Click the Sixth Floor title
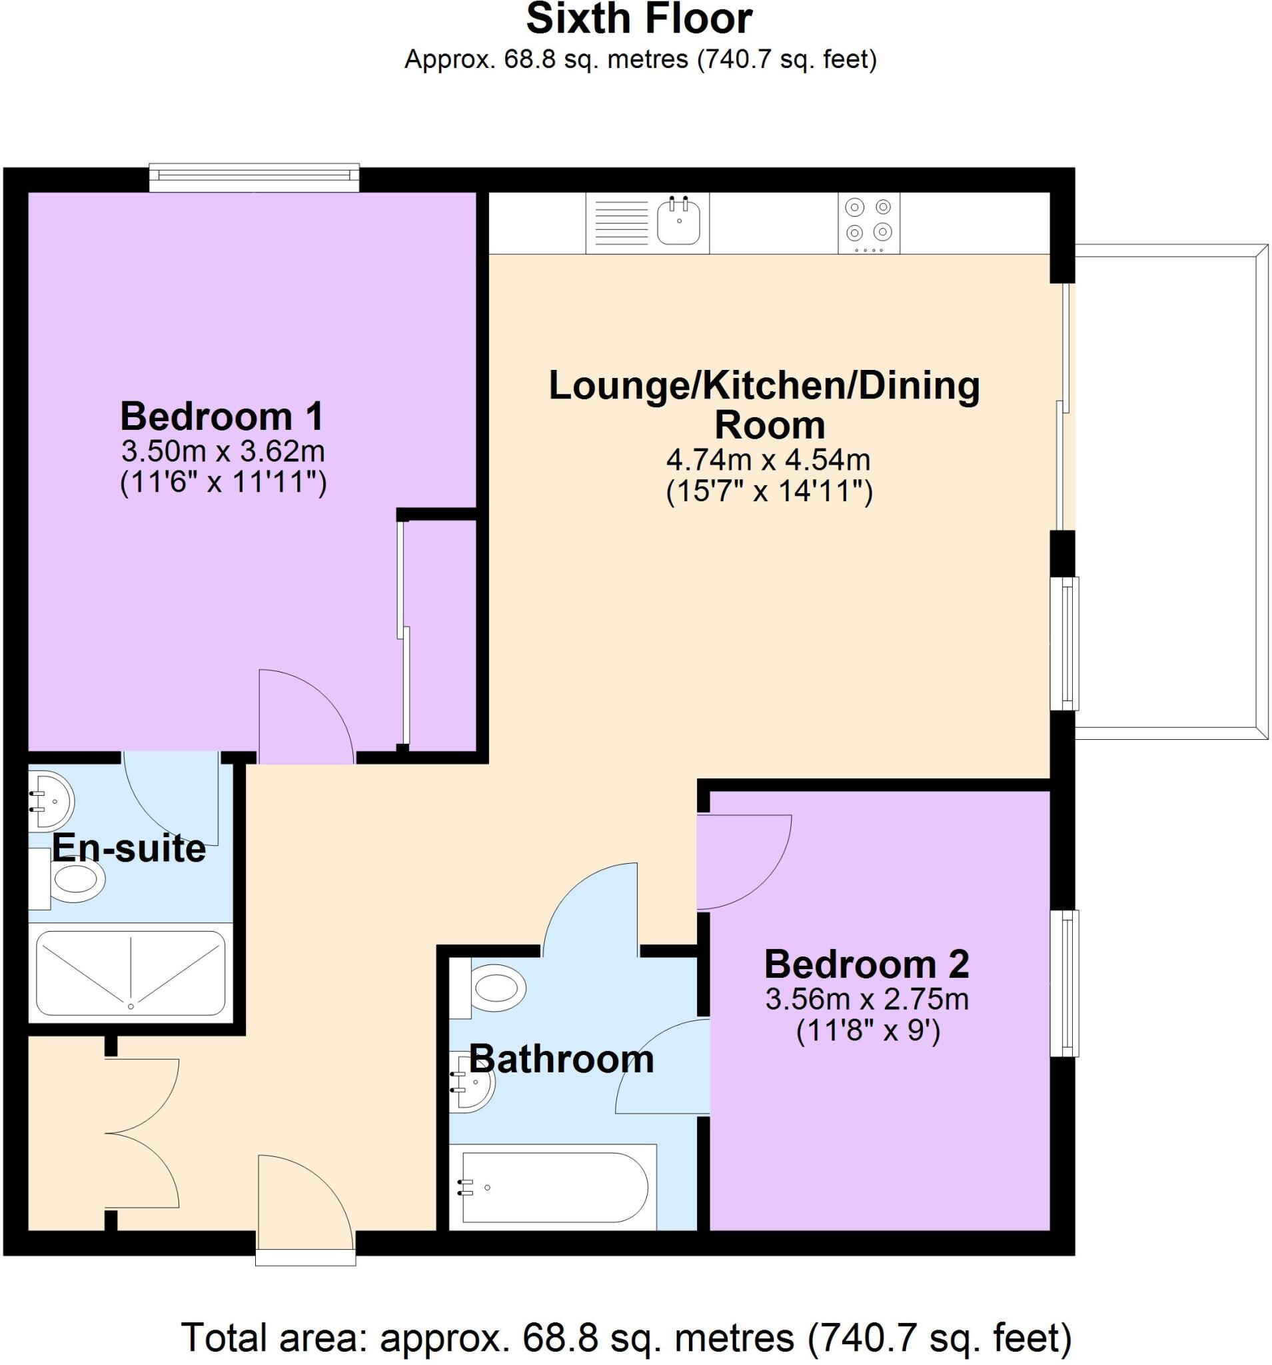[x=638, y=19]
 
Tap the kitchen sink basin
[x=679, y=221]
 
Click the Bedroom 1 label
[x=222, y=416]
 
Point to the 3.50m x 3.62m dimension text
[x=223, y=452]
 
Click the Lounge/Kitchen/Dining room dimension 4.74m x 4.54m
[x=768, y=459]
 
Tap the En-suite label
[x=129, y=848]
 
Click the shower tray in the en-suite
[x=131, y=972]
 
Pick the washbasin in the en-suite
[x=52, y=800]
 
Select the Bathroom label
[x=561, y=1059]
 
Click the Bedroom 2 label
[x=866, y=964]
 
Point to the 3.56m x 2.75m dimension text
[x=867, y=1000]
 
